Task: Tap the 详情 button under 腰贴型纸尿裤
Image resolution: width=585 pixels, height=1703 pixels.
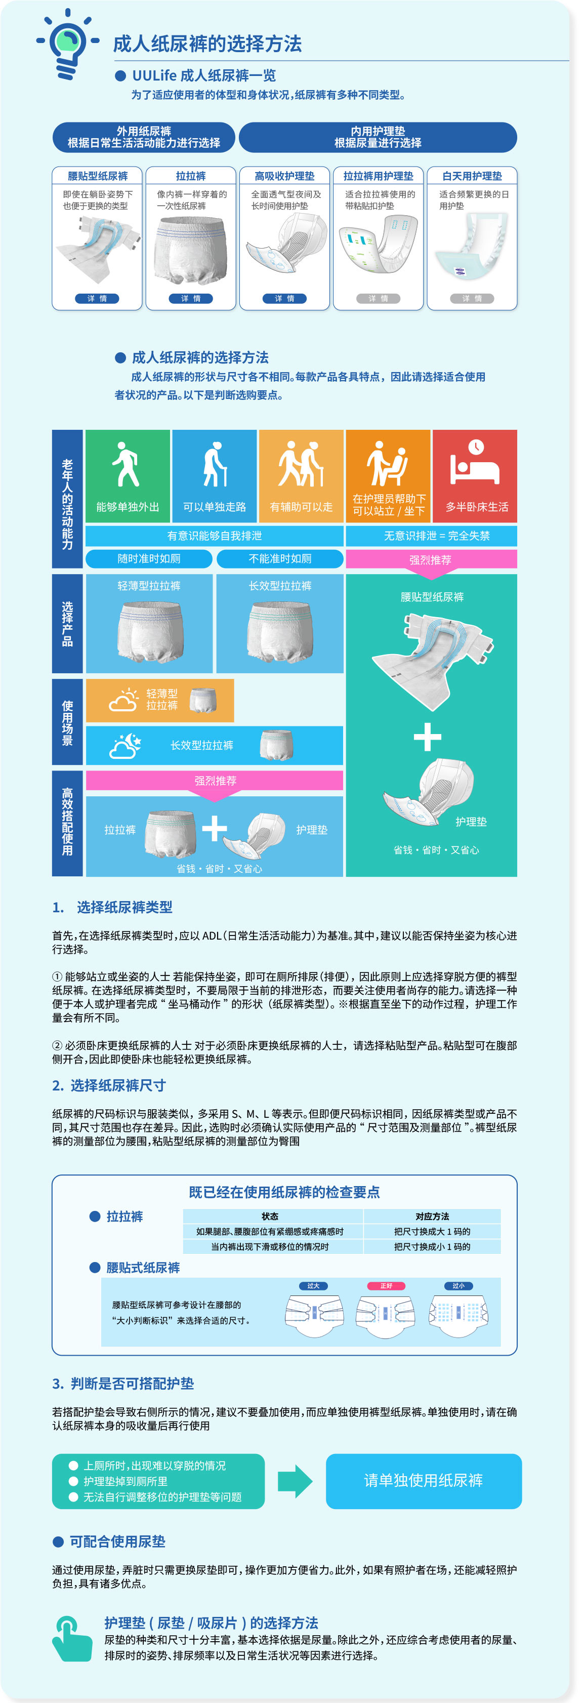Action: coord(97,298)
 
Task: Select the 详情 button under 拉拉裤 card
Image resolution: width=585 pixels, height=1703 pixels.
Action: coord(190,298)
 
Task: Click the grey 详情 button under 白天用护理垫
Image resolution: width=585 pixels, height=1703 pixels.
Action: coord(472,298)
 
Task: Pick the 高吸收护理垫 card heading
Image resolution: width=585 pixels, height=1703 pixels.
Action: coord(284,176)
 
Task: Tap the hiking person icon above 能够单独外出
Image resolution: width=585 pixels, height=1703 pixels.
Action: coord(126,464)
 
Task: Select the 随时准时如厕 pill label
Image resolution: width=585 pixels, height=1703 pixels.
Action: coord(149,558)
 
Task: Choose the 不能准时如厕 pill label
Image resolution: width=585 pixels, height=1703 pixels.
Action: coord(280,558)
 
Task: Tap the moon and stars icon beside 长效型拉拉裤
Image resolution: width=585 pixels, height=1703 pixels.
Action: coord(126,745)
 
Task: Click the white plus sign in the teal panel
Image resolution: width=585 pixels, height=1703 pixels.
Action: coord(427,737)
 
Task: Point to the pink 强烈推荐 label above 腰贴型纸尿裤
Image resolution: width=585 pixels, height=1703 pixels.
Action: coord(430,559)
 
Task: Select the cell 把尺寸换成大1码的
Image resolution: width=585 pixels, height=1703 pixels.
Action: coord(432,1231)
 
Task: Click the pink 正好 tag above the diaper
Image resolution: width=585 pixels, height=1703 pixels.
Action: coord(386,1285)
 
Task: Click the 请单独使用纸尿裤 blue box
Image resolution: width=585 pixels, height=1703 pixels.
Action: coord(423,1480)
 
